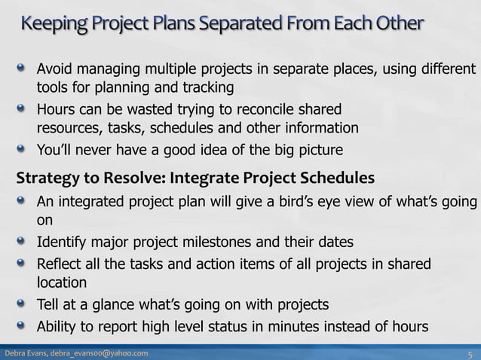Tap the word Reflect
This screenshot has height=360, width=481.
62,264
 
